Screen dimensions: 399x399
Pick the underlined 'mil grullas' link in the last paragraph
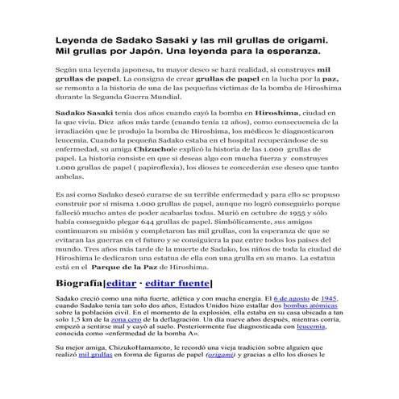point(102,355)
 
